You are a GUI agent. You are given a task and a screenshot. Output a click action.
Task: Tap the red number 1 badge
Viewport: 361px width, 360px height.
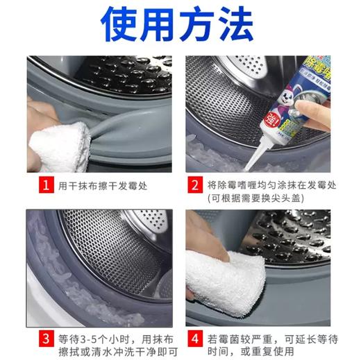coord(45,185)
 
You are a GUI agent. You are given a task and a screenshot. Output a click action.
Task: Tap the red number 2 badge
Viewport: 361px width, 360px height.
coord(194,185)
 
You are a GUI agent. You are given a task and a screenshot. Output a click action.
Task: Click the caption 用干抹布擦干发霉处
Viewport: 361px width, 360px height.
coord(103,185)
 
